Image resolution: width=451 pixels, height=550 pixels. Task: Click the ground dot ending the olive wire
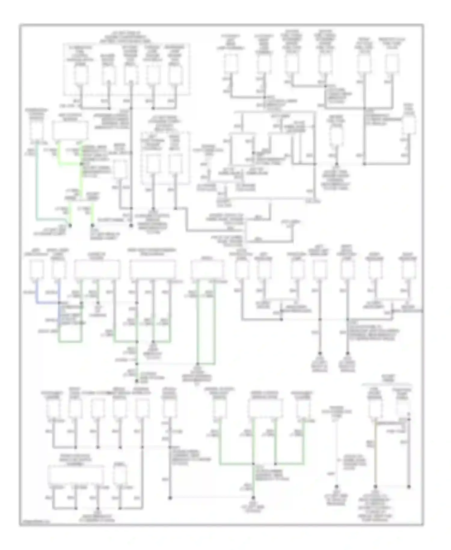(375, 487)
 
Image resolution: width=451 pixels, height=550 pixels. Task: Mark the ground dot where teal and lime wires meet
(70, 225)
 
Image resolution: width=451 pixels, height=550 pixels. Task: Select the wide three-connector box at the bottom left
(76, 475)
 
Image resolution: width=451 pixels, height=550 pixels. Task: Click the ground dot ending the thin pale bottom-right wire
(336, 487)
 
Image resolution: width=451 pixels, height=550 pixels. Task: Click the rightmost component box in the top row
(393, 63)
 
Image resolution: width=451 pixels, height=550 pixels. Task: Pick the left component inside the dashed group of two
(153, 164)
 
